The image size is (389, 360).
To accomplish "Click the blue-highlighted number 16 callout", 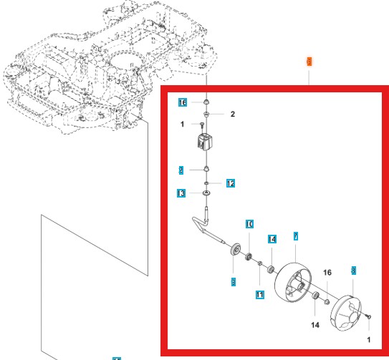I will pos(183,103).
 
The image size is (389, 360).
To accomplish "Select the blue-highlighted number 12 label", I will pos(230,184).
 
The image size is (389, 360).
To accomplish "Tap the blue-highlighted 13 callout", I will pos(182,194).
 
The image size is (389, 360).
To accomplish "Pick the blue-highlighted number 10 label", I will pos(249,225).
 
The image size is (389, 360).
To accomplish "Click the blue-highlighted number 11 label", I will pos(260,294).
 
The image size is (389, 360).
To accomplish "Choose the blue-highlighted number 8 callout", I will pos(352,271).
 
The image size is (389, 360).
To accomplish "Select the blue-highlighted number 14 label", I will pos(272,239).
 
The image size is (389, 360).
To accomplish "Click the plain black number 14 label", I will pos(315,325).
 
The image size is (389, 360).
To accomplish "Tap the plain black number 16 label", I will pos(327,273).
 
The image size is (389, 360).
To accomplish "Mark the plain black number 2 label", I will pos(232,114).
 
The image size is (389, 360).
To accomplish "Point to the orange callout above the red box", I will pos(309,62).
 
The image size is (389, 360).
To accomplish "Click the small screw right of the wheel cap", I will pos(367,316).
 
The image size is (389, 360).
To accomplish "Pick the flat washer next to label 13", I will pos(206,193).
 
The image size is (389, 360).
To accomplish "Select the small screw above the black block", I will pos(203,126).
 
